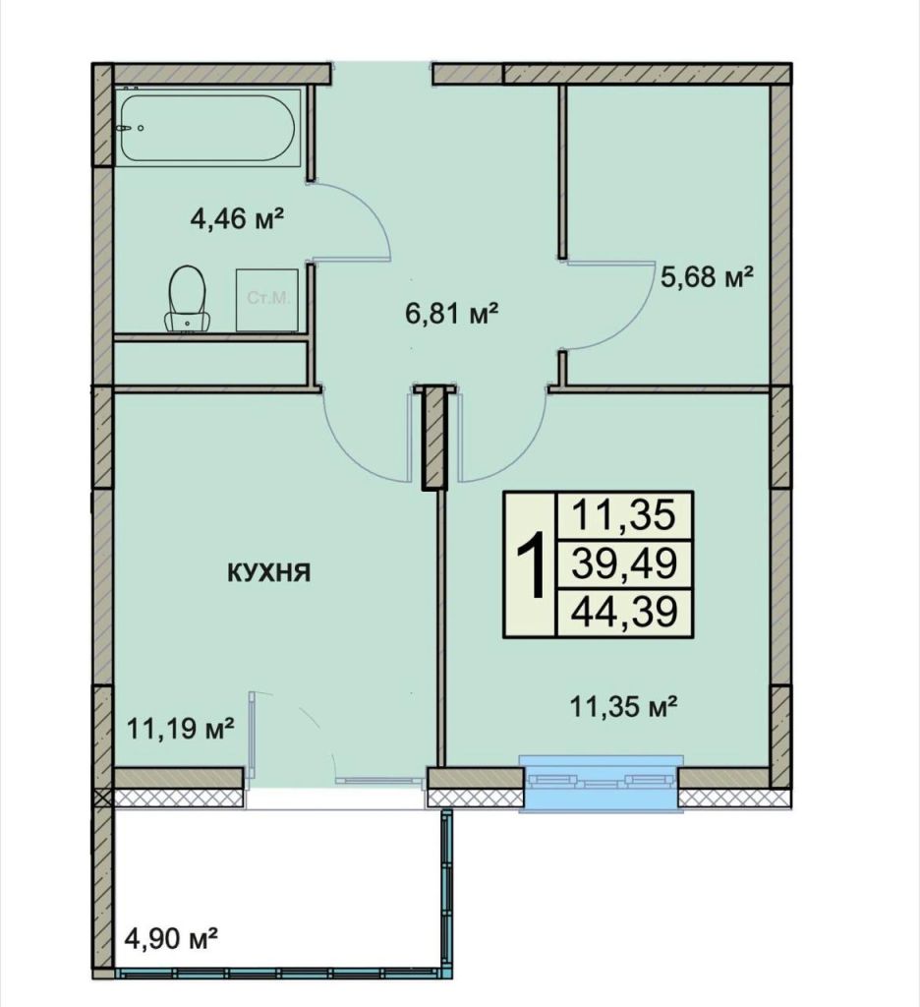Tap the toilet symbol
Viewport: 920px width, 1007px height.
point(186,299)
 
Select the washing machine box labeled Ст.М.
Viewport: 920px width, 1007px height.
point(267,298)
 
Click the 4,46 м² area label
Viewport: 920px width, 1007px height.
point(237,216)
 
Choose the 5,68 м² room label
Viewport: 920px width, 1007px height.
point(707,278)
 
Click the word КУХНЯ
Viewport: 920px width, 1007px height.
point(268,573)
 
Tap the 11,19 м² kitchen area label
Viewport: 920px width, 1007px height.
point(181,729)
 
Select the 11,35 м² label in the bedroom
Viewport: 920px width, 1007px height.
point(626,704)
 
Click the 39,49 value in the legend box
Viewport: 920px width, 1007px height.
point(625,564)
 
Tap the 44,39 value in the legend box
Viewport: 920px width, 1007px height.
point(625,613)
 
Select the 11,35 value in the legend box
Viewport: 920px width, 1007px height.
point(625,514)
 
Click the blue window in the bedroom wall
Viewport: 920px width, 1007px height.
point(600,783)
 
